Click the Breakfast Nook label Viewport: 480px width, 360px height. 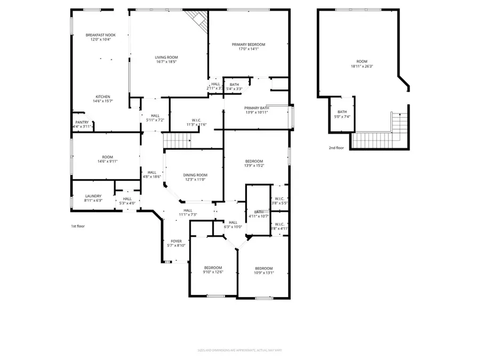click(101, 35)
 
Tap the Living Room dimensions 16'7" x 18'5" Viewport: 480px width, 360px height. click(166, 62)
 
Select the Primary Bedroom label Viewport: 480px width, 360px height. click(249, 45)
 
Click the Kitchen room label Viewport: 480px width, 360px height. click(103, 97)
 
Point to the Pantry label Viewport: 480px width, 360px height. click(82, 122)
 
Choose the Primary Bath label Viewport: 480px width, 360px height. click(257, 108)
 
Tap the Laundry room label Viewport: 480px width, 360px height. click(93, 196)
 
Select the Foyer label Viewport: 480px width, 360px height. click(176, 241)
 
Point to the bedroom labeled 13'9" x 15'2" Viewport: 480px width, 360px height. click(254, 162)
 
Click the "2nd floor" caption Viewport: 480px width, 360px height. click(336, 148)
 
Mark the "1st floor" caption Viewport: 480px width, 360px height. click(78, 226)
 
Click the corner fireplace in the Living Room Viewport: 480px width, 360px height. click(198, 20)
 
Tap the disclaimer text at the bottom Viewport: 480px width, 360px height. click(240, 350)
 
